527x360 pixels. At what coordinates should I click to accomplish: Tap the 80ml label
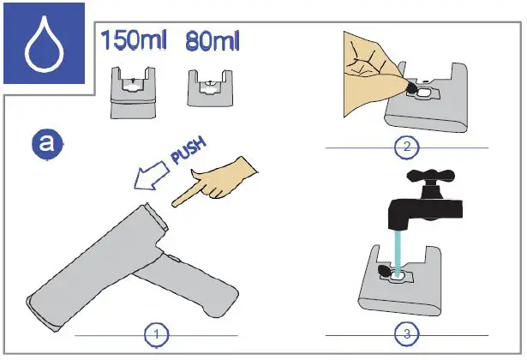click(215, 39)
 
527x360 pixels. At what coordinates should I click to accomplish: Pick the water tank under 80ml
click(207, 88)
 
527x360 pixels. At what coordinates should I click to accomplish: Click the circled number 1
click(155, 333)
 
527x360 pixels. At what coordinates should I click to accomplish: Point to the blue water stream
click(398, 249)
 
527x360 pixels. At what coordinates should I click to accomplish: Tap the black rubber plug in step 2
click(411, 88)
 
